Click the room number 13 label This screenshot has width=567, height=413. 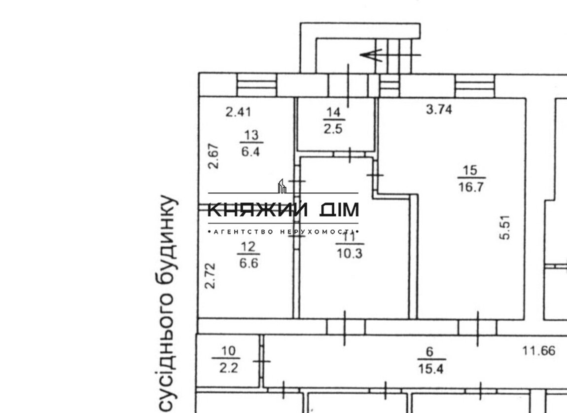251,135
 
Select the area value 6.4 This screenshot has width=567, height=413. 250,151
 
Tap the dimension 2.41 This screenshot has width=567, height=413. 238,112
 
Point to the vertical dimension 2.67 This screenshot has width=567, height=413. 213,156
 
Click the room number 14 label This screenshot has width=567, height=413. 333,113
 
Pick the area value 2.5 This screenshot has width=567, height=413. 333,128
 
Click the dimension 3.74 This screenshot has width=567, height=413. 439,109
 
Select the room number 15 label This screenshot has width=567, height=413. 470,170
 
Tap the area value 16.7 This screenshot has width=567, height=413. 471,187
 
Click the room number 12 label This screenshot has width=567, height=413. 248,247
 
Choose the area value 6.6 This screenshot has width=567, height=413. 249,263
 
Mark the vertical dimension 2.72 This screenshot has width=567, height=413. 210,276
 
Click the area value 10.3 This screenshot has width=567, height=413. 349,253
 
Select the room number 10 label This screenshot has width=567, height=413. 228,351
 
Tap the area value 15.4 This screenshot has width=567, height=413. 430,369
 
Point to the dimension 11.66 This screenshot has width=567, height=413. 539,350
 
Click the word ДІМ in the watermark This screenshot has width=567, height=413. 339,210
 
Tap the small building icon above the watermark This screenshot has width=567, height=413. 282,186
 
